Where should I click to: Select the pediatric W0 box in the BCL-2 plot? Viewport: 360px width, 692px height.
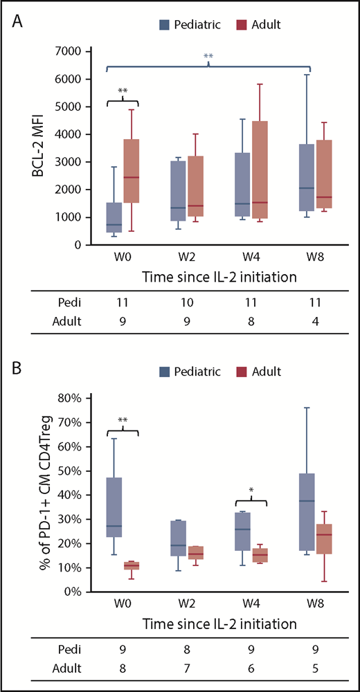(x=114, y=218)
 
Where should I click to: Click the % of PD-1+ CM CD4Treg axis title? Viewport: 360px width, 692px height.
(x=42, y=495)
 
